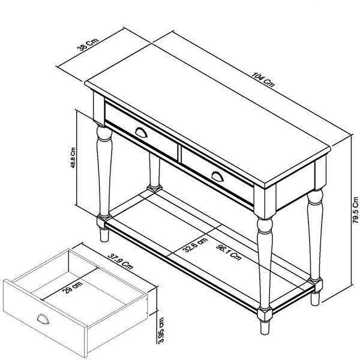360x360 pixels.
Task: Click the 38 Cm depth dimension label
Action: tap(88, 44)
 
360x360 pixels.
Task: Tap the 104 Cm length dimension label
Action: tap(263, 80)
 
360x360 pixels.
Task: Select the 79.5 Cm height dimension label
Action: tap(355, 210)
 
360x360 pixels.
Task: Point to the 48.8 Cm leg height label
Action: tap(73, 157)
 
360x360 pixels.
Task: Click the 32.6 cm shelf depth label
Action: tap(195, 245)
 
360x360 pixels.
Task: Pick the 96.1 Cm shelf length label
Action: tap(229, 252)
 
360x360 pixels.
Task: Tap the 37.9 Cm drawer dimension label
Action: tap(121, 261)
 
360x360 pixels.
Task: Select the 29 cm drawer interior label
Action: tap(73, 287)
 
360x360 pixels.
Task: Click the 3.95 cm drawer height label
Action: tap(161, 331)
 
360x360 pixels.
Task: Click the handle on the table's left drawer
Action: tap(141, 133)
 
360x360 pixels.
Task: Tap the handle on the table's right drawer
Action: tap(217, 176)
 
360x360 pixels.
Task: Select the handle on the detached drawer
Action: tap(43, 319)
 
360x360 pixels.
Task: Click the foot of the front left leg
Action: tap(104, 235)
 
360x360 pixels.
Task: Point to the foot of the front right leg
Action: tap(265, 328)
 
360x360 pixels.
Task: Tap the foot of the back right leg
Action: tap(315, 299)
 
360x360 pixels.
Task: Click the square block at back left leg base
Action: tap(155, 188)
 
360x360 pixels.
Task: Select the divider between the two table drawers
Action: tap(179, 154)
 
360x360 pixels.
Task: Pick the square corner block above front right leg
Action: tap(265, 202)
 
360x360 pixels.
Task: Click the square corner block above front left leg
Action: tap(99, 109)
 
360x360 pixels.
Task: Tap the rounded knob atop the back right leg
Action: tap(315, 197)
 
